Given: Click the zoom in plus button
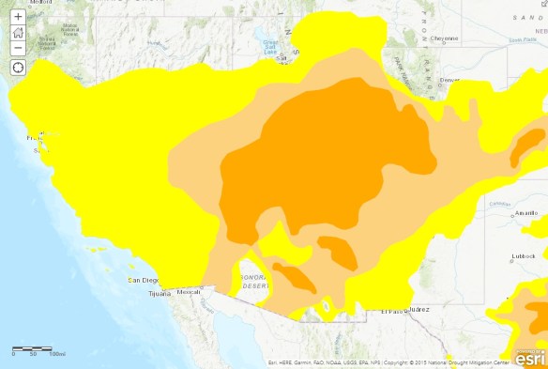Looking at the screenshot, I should (18, 17).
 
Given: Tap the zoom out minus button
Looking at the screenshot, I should (18, 47).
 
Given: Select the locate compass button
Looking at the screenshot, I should (18, 68).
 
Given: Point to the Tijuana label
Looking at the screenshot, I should (160, 294).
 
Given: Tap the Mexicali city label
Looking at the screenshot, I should (190, 292).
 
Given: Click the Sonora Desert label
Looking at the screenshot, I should (253, 283).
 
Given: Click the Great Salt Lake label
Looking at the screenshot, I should (273, 45).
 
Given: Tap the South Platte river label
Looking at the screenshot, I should (521, 39).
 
